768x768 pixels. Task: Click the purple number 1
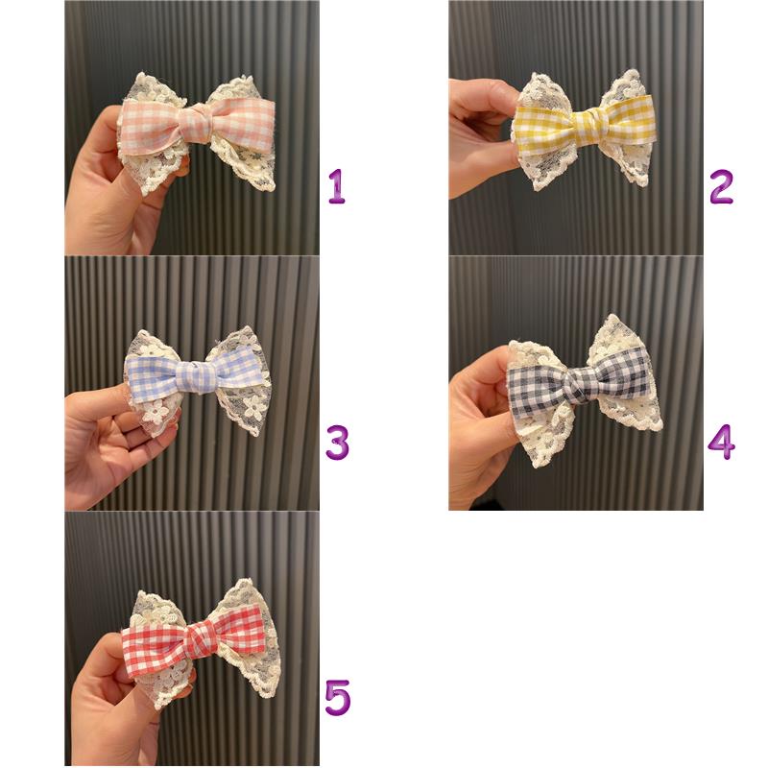click(x=337, y=186)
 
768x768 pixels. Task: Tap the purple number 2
click(x=721, y=186)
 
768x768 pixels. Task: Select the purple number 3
click(x=338, y=442)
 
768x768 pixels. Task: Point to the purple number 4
click(x=722, y=442)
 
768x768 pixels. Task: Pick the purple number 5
click(x=338, y=697)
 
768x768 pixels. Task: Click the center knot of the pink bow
click(x=196, y=123)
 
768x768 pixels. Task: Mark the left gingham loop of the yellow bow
click(x=543, y=127)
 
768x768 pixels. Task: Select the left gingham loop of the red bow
click(x=156, y=646)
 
